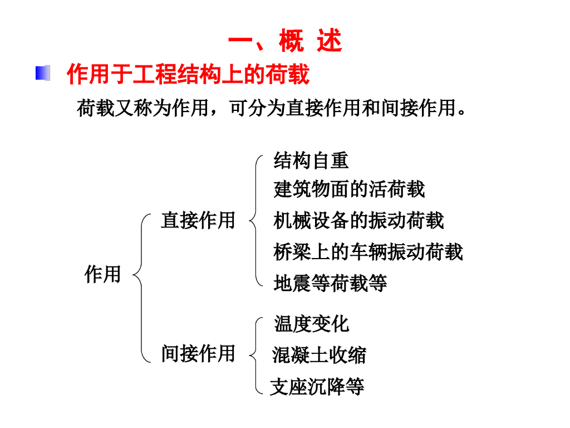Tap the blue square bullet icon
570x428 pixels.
(x=43, y=73)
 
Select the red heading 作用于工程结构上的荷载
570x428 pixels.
(x=188, y=74)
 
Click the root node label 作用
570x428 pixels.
(x=102, y=274)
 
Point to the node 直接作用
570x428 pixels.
(x=198, y=220)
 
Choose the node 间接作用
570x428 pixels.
(x=198, y=353)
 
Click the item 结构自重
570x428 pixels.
(x=311, y=160)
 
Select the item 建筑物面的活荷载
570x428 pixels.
(x=349, y=189)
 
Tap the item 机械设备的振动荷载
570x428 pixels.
(x=358, y=221)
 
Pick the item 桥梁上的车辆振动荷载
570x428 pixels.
(x=368, y=252)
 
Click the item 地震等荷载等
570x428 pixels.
(x=330, y=283)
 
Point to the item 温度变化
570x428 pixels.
(x=312, y=324)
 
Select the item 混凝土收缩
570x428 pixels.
(x=320, y=355)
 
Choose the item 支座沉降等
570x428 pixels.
(x=317, y=386)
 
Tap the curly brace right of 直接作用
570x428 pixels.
(x=255, y=221)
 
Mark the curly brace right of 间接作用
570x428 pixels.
(x=255, y=355)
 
